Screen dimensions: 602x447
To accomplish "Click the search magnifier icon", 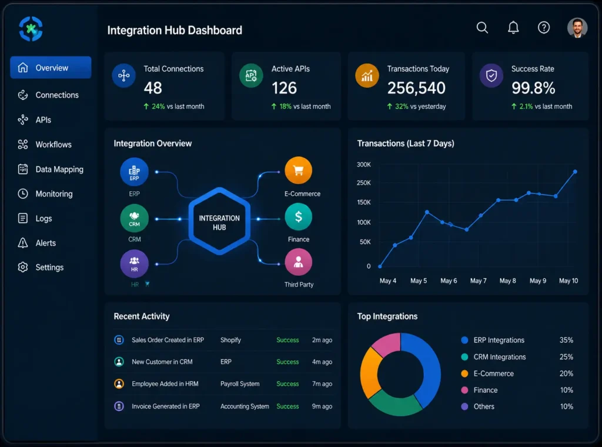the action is coord(482,28).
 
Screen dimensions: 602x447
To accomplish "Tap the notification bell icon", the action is coord(513,27).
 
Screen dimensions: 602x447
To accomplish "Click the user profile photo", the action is coord(577,28).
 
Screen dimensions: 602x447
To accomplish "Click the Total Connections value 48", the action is coord(153,88).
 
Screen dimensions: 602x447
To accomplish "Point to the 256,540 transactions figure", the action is coord(416,88).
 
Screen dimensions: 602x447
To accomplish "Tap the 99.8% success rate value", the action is coord(533,88).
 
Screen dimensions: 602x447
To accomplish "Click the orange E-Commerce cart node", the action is coord(298,171).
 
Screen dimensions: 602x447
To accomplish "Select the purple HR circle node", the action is coord(135,264).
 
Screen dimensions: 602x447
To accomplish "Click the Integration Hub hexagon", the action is coord(219,221).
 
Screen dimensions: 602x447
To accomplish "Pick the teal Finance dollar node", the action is coord(298,217).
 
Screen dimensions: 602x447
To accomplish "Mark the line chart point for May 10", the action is coord(575,172).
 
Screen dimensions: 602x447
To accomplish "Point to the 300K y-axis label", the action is coord(363,164).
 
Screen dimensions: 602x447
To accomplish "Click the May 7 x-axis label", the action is coord(479,281).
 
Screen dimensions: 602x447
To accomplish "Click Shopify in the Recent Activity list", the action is coord(230,340).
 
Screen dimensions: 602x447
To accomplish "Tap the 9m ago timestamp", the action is coord(322,406).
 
